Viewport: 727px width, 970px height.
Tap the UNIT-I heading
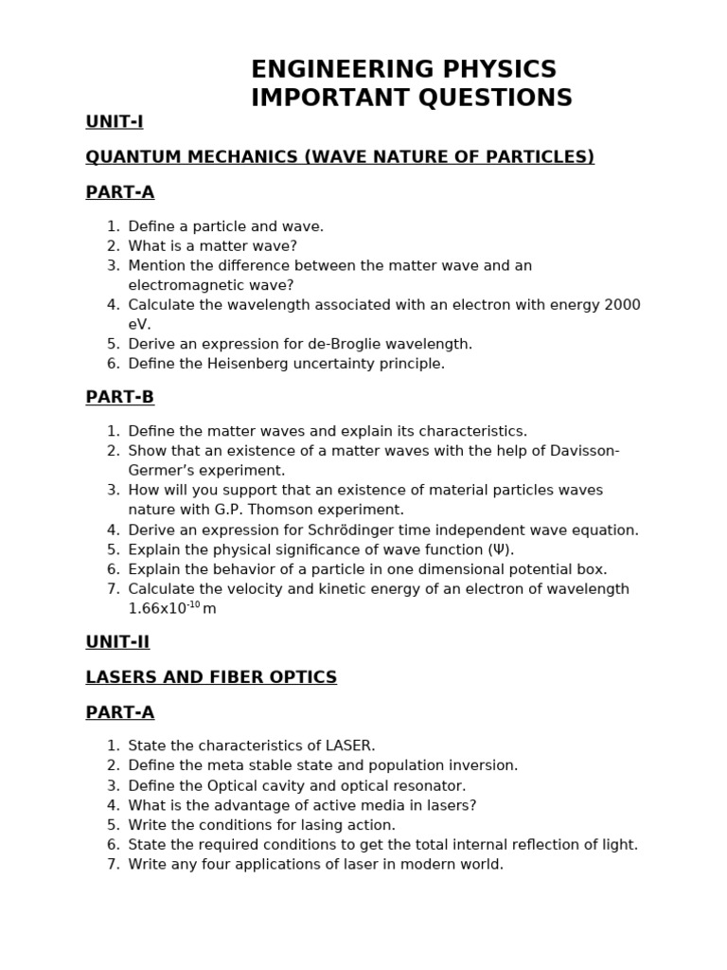pyautogui.click(x=114, y=121)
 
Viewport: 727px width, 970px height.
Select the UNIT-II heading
pyautogui.click(x=117, y=641)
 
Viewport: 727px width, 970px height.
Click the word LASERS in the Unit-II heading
pyautogui.click(x=118, y=677)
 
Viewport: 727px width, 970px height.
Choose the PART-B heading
pyautogui.click(x=119, y=397)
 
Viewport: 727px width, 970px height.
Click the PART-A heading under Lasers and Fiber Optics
pyautogui.click(x=119, y=712)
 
